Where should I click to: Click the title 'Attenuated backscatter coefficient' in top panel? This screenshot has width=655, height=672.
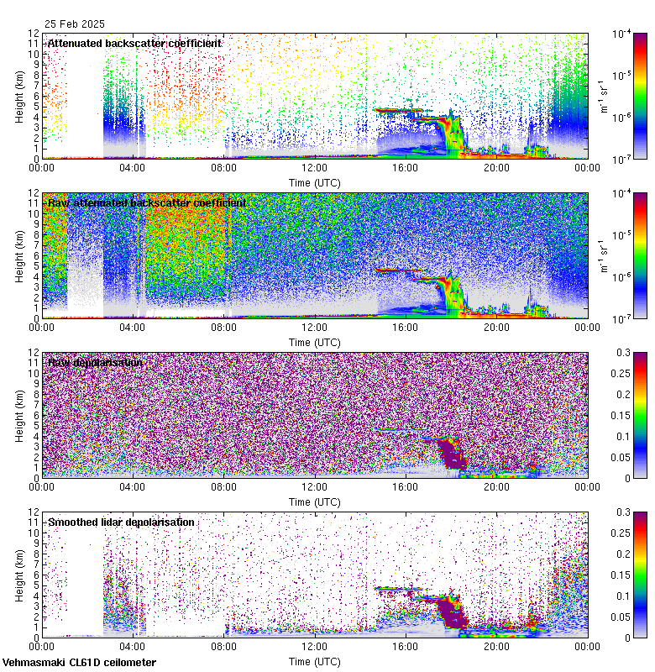pos(134,43)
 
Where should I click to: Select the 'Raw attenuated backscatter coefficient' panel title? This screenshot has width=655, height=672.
pos(147,202)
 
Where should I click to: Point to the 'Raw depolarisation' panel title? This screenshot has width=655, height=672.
pos(95,362)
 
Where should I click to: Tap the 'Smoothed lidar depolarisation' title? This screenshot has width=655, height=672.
pos(121,522)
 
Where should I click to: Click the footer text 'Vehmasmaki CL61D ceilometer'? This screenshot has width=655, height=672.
pos(79,663)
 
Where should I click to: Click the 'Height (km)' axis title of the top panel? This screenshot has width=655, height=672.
pos(20,96)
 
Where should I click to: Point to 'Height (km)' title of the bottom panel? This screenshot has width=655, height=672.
pos(20,575)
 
